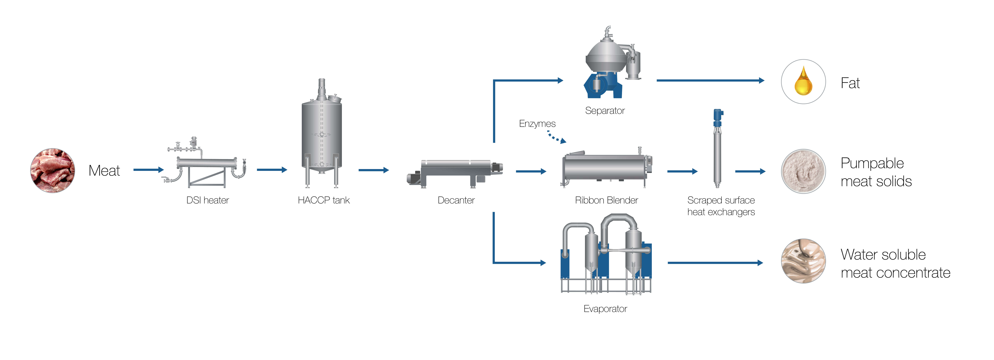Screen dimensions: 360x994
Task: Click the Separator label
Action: pyautogui.click(x=605, y=111)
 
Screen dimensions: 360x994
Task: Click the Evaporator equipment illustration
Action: pyautogui.click(x=606, y=255)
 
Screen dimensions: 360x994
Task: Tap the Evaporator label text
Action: pyautogui.click(x=605, y=309)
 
